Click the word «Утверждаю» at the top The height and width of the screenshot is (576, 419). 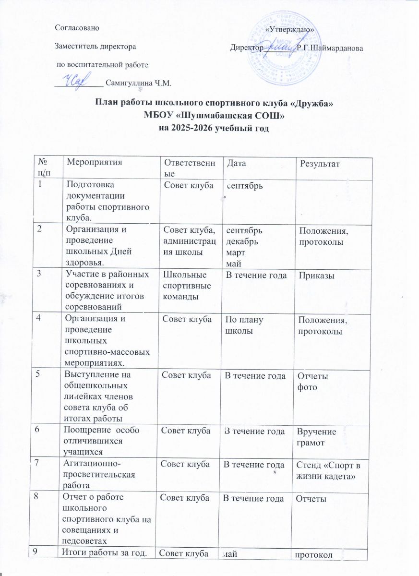pos(290,30)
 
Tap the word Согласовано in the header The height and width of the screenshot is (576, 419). pos(77,28)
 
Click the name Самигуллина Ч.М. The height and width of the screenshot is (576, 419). pos(138,83)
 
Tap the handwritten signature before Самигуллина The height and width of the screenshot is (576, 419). pos(78,82)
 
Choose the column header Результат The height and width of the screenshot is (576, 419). pos(320,165)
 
